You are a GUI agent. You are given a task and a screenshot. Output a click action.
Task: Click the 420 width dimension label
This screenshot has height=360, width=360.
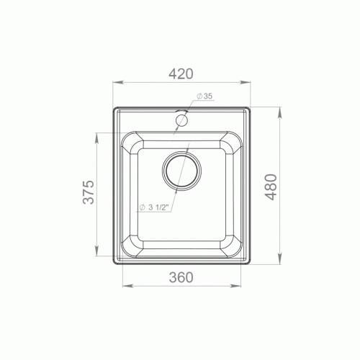[181, 74]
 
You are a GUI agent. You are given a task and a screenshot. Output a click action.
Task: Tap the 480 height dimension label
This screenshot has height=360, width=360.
[271, 187]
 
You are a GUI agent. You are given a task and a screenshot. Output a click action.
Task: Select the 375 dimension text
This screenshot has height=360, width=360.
[89, 192]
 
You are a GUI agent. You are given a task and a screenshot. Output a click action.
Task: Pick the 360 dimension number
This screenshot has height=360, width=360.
[181, 277]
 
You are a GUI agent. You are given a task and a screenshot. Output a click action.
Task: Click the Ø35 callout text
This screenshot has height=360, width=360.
[204, 96]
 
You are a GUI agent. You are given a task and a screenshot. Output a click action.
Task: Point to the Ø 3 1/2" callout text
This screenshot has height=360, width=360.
[154, 207]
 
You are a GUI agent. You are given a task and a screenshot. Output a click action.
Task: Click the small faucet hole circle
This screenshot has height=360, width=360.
[181, 120]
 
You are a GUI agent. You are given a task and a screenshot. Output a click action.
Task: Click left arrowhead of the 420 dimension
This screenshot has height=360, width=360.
[118, 82]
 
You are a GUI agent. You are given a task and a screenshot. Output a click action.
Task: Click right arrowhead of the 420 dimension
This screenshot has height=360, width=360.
[245, 82]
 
